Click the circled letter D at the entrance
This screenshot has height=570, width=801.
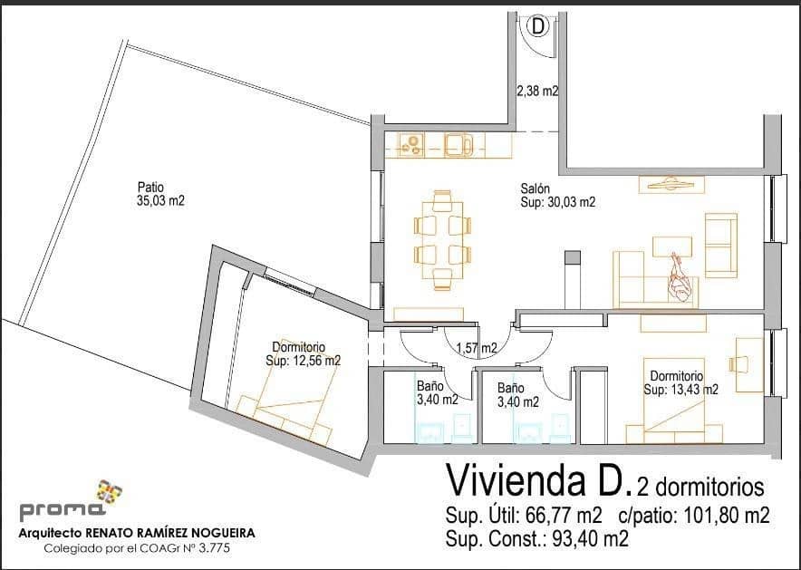(x=538, y=26)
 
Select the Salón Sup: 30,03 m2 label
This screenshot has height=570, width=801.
(x=557, y=196)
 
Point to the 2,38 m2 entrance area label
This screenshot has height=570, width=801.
(x=537, y=92)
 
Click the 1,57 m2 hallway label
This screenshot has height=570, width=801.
(x=476, y=348)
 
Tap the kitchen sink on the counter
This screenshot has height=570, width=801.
(x=459, y=144)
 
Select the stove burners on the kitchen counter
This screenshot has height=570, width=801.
(x=410, y=144)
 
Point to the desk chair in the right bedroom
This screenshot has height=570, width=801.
(x=738, y=363)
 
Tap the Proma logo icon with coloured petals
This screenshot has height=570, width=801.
(x=110, y=492)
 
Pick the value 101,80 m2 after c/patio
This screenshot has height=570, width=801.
(x=719, y=517)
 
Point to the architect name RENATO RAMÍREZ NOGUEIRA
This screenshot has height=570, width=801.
(x=172, y=534)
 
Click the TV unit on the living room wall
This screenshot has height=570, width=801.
(x=671, y=184)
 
